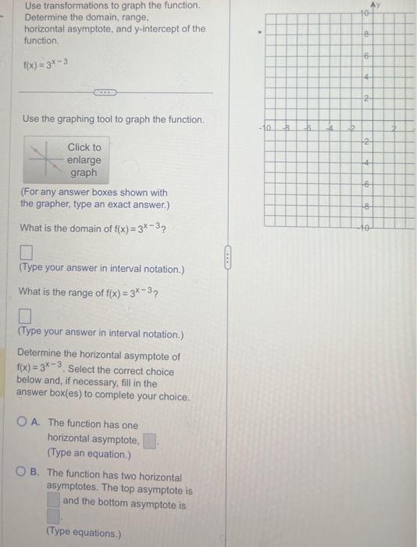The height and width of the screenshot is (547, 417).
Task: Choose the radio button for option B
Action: click(x=35, y=473)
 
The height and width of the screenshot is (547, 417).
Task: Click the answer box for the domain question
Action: click(x=26, y=253)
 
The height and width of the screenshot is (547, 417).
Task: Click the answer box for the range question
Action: click(x=26, y=317)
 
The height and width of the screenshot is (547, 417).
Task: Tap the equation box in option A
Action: click(x=150, y=440)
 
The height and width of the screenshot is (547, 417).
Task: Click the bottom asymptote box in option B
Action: click(x=53, y=517)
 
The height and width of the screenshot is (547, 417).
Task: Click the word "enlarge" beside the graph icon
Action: click(x=84, y=159)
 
